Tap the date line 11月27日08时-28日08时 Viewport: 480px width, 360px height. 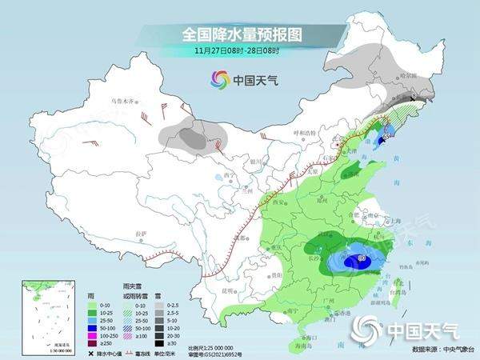point(240,51)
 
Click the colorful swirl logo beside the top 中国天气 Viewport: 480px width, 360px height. point(218,79)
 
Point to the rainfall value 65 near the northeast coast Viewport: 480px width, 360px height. point(386,137)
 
